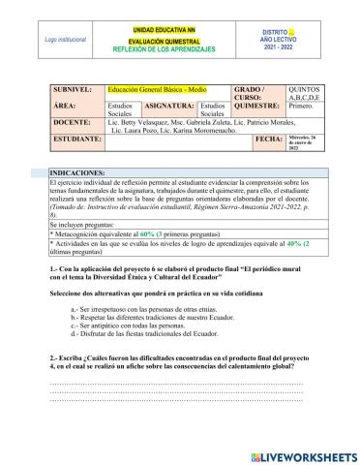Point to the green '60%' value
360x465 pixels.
148,233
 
